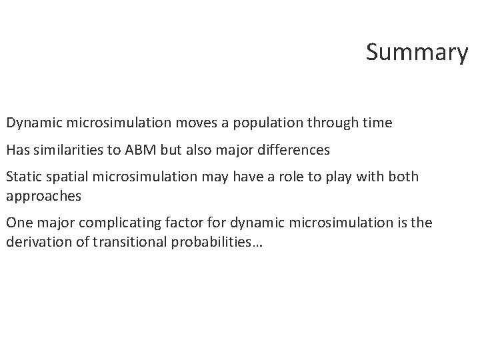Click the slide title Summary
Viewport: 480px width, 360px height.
point(417,53)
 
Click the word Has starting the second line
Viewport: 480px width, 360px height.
point(17,150)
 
